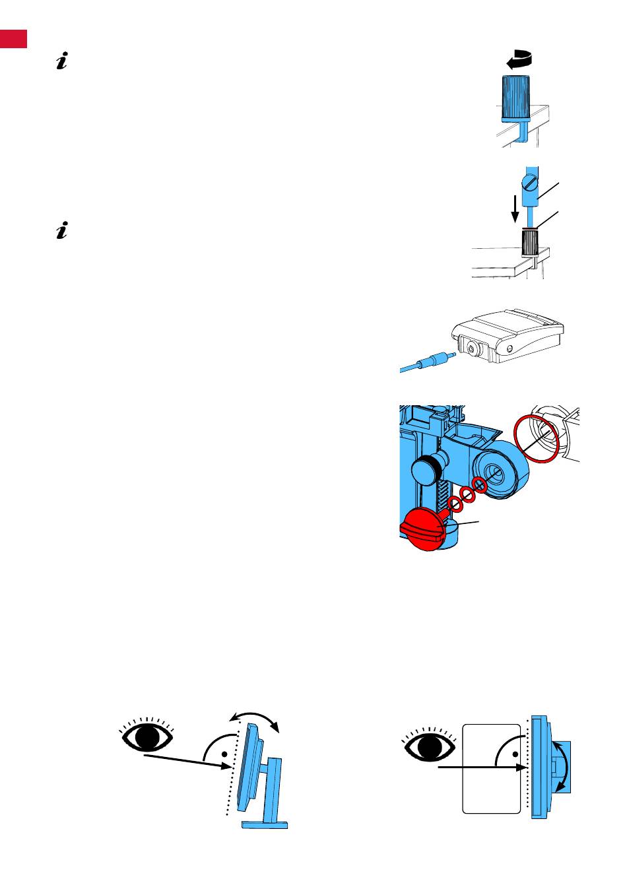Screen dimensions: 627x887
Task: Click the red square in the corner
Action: point(13,38)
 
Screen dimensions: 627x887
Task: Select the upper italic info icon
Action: point(63,63)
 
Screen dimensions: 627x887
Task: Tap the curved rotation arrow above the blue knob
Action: point(519,60)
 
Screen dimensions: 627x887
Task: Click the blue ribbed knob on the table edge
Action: point(520,98)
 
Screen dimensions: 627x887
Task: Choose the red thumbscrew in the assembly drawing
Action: point(421,528)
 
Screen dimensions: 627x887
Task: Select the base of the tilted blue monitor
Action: point(265,824)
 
